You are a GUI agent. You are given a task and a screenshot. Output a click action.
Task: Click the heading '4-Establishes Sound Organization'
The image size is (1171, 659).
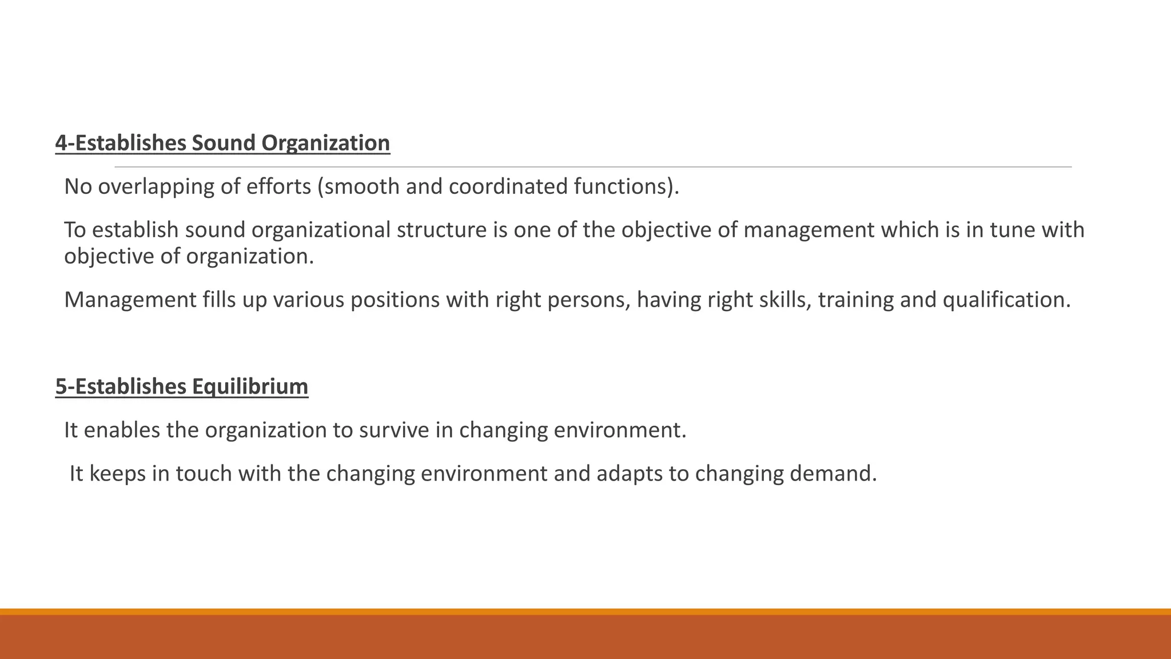click(222, 143)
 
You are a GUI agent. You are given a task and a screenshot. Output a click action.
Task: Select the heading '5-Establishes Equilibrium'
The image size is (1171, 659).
click(182, 387)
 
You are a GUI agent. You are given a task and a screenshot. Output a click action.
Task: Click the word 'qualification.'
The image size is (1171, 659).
click(1006, 300)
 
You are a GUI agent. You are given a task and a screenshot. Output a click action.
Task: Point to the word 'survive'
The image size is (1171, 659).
click(394, 430)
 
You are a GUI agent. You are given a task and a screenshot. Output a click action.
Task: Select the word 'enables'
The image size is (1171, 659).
click(122, 430)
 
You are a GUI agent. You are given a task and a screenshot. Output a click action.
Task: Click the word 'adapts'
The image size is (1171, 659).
click(631, 474)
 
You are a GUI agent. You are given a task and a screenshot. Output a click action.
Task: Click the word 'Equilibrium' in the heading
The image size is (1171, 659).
click(250, 387)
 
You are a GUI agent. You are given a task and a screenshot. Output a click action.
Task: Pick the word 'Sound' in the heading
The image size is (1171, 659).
click(224, 143)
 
